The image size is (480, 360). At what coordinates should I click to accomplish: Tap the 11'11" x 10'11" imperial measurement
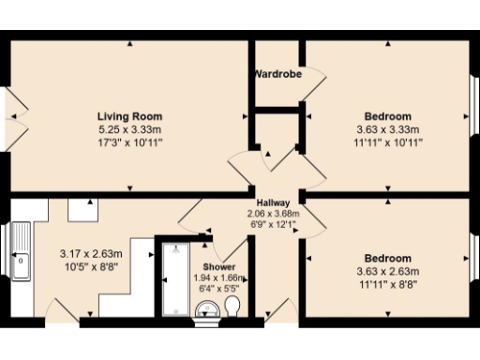point(388,142)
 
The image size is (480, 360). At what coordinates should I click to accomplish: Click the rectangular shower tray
point(175,280)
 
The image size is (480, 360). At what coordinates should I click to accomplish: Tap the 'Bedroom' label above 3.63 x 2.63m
point(388,259)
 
